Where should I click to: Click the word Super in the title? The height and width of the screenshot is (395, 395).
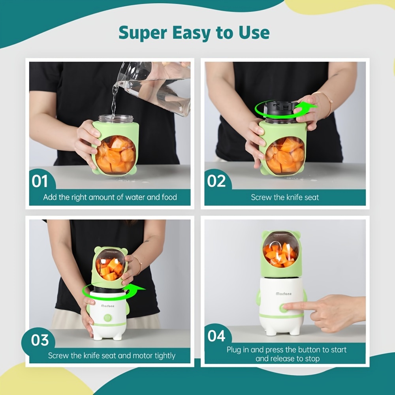tap(143, 33)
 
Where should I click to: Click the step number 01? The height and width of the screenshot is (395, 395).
tap(39, 181)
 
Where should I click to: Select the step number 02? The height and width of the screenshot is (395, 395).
tap(216, 181)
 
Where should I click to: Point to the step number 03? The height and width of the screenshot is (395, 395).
tap(40, 340)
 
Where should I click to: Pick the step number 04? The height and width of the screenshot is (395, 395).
tap(216, 336)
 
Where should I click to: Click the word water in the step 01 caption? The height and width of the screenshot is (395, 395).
tap(135, 197)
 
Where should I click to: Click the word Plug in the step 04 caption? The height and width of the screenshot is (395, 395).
tap(234, 350)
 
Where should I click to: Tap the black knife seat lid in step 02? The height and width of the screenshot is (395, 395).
tap(279, 109)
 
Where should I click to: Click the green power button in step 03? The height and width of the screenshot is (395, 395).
tap(108, 318)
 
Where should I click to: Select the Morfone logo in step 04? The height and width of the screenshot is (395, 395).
tap(284, 294)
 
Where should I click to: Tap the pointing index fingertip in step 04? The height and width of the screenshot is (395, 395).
tap(285, 307)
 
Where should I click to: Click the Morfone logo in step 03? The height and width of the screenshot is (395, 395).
tap(107, 306)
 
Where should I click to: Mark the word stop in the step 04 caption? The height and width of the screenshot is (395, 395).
tap(312, 359)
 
